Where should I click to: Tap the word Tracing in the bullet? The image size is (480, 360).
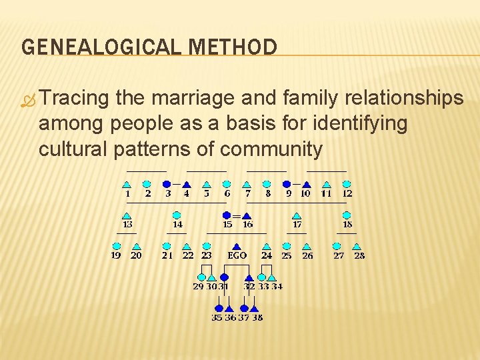tap(74, 99)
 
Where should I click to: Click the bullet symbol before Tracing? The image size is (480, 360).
tap(27, 100)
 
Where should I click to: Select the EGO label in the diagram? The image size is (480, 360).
tap(237, 255)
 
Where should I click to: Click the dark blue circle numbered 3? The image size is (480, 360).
tap(167, 184)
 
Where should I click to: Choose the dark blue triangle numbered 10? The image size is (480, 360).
tap(307, 185)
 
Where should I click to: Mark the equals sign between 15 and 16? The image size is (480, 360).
tap(237, 216)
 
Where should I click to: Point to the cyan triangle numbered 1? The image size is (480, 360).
tap(127, 185)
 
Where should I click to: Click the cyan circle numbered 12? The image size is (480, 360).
tap(347, 184)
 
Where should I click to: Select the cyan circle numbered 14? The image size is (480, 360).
tap(177, 215)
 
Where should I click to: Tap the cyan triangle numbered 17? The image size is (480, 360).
tap(297, 216)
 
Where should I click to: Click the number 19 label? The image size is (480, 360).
tap(116, 255)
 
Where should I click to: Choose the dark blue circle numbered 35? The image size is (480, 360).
tap(218, 308)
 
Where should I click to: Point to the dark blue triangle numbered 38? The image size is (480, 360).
tap(255, 309)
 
